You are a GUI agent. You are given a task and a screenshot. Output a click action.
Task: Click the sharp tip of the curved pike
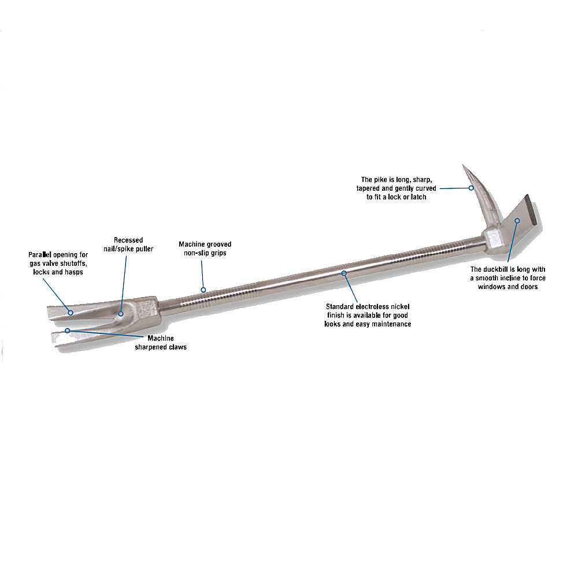click(464, 165)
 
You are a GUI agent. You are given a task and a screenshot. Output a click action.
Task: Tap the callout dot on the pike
click(471, 188)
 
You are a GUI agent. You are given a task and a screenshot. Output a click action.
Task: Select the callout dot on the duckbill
click(517, 220)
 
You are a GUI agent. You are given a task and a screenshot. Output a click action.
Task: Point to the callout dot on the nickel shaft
click(344, 273)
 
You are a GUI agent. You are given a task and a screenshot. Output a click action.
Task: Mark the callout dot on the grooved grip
click(203, 290)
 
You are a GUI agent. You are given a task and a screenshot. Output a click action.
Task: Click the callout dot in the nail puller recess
click(121, 314)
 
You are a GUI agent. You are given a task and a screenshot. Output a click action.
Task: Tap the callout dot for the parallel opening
click(71, 313)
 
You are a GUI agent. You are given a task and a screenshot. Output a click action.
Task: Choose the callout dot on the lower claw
click(68, 331)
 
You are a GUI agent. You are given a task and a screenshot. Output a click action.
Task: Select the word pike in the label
click(380, 180)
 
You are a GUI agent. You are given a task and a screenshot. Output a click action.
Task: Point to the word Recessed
click(128, 240)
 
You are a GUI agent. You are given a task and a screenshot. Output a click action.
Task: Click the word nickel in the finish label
click(400, 306)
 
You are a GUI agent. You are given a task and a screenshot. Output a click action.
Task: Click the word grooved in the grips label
click(218, 244)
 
